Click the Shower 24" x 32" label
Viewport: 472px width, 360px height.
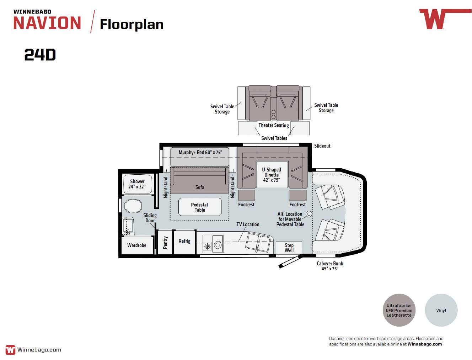pyautogui.click(x=137, y=184)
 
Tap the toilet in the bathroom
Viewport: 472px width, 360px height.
pyautogui.click(x=133, y=206)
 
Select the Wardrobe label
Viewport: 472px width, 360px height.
pyautogui.click(x=136, y=245)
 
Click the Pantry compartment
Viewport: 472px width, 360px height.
pyautogui.click(x=165, y=242)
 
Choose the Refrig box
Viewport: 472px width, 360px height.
pyautogui.click(x=184, y=242)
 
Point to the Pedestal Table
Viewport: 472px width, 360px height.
pyautogui.click(x=200, y=207)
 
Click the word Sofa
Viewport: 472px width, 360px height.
pyautogui.click(x=199, y=187)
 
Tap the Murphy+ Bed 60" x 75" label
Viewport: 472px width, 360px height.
pyautogui.click(x=200, y=152)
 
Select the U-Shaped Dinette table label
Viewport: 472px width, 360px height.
pyautogui.click(x=272, y=175)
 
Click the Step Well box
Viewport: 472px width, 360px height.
pyautogui.click(x=289, y=248)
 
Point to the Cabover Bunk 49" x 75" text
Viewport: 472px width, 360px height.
pyautogui.click(x=329, y=266)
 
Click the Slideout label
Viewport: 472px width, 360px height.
pyautogui.click(x=322, y=146)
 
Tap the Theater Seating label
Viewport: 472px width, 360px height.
pyautogui.click(x=274, y=125)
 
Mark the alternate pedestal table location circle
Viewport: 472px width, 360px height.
pyautogui.click(x=309, y=214)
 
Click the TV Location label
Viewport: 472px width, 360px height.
pyautogui.click(x=248, y=224)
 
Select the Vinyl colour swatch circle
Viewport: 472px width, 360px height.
pyautogui.click(x=441, y=310)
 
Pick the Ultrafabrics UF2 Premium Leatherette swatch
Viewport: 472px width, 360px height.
pyautogui.click(x=399, y=310)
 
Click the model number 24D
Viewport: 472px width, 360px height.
pyautogui.click(x=40, y=55)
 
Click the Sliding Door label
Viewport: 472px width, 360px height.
pyautogui.click(x=150, y=218)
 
